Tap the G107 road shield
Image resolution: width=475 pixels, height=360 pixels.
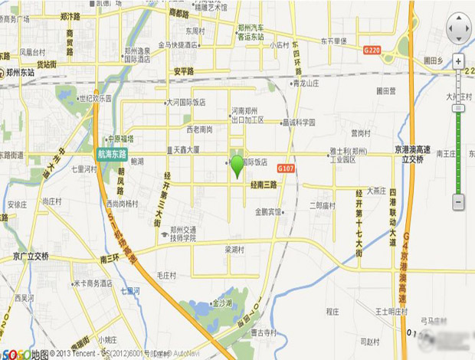pos(286,168)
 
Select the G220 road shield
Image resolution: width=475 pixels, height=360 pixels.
pos(372,49)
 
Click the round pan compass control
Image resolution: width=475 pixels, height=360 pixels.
pos(458,28)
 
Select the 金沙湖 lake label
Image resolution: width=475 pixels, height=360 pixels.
pos(222,303)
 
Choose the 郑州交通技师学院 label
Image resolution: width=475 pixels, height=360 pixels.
pos(183,234)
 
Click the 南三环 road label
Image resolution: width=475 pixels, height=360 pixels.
pos(109,260)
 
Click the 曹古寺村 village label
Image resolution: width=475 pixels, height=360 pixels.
pos(263,332)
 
